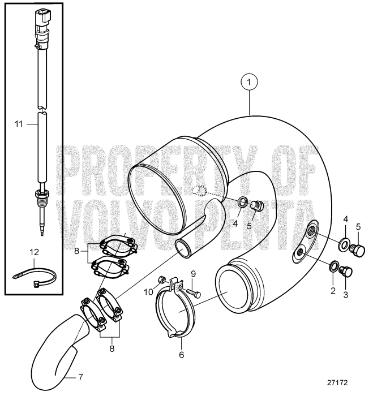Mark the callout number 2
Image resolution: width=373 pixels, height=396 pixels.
(333, 292)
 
